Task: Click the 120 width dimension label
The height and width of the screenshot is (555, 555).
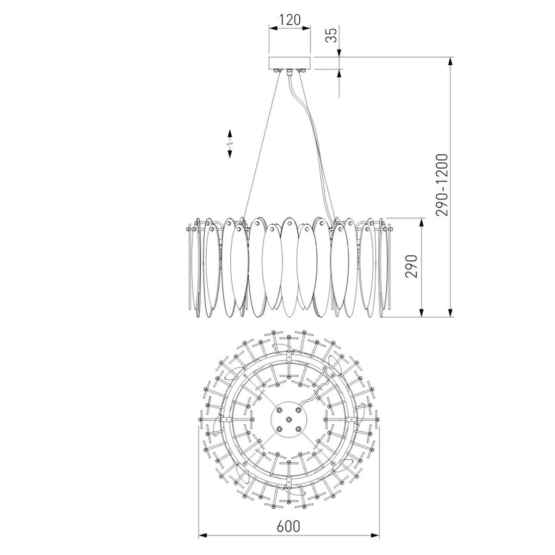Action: pos(290,19)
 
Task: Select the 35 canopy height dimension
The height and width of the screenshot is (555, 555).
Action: pos(332,36)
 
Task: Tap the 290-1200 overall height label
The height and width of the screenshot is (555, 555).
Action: pos(442,185)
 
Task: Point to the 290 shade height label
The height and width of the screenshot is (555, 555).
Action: pos(411,266)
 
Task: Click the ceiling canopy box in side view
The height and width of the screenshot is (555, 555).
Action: pos(290,63)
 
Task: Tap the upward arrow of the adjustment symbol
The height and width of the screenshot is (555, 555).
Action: pos(230,135)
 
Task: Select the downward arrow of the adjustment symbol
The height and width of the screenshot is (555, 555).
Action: pos(230,153)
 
